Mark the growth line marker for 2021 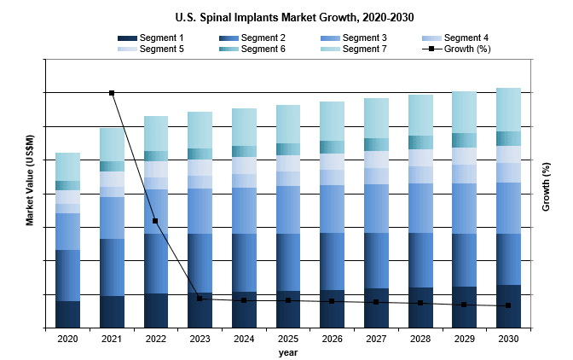click(112, 93)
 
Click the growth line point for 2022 click(155, 221)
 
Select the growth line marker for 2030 click(508, 305)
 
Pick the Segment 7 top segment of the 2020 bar click(67, 166)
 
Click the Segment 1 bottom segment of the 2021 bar click(112, 311)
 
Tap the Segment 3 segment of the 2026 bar click(332, 209)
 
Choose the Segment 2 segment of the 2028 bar click(420, 260)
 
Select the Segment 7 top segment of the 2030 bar click(508, 109)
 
